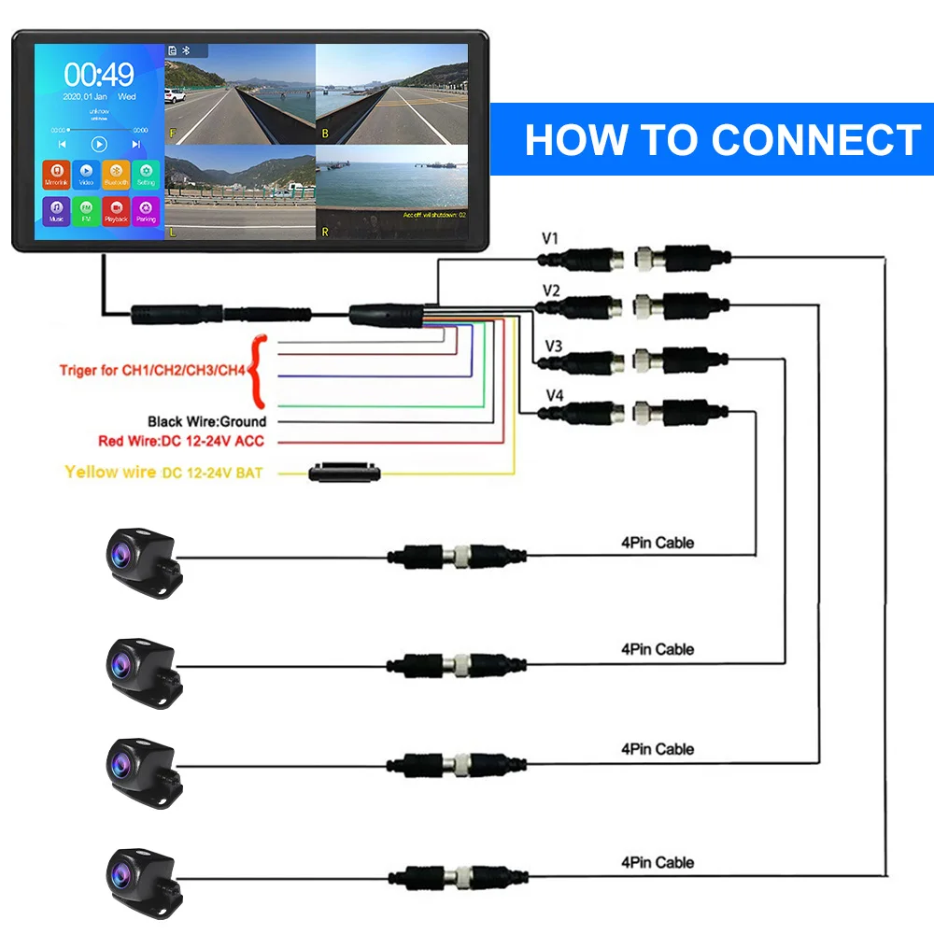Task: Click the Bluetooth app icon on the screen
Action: click(115, 175)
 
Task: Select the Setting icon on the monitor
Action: click(145, 175)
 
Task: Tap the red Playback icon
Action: click(115, 210)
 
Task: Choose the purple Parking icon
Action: click(145, 210)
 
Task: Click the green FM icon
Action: click(86, 210)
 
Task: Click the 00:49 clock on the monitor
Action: click(99, 75)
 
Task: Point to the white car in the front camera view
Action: click(174, 95)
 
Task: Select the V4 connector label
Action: click(553, 395)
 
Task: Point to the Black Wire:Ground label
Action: click(206, 422)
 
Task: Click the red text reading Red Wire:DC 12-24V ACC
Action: click(181, 441)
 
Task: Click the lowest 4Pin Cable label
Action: click(658, 861)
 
